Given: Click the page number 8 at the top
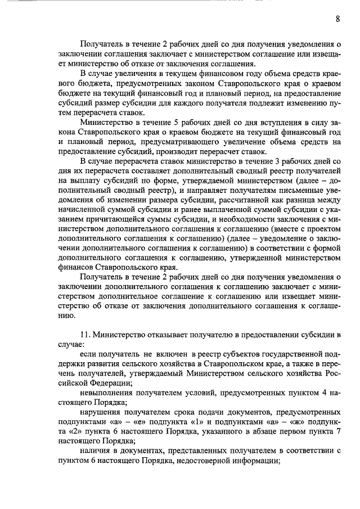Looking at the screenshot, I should point(337,19).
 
